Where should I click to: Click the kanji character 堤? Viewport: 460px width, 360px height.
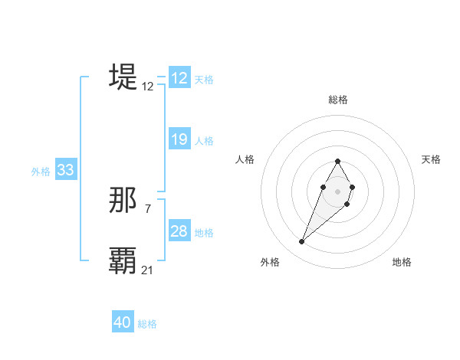click(123, 77)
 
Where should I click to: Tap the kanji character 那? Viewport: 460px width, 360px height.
click(123, 201)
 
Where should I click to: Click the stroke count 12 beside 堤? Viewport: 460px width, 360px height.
click(148, 87)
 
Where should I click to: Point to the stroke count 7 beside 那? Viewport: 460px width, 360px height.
click(147, 209)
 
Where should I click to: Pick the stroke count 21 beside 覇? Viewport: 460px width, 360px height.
click(148, 270)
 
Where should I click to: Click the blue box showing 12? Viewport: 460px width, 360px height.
click(179, 78)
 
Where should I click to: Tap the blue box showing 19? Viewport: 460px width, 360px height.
click(179, 139)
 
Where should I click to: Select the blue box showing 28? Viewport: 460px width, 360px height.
click(179, 231)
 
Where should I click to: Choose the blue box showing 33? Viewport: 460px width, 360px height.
click(65, 171)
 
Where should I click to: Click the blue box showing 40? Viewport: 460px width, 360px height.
click(123, 322)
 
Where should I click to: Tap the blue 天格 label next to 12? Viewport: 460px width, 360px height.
click(204, 80)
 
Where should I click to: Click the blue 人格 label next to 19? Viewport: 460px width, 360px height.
click(204, 141)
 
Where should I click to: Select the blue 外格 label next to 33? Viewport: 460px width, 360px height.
click(41, 172)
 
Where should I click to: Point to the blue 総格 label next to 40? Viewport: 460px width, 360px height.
click(147, 324)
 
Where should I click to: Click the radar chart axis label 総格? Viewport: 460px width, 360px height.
click(337, 100)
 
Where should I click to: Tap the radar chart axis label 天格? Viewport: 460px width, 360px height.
click(432, 159)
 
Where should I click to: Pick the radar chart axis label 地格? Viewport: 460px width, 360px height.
click(402, 262)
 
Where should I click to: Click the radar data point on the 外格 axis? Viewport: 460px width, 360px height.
click(301, 242)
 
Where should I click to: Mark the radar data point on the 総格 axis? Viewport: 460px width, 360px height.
click(337, 161)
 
